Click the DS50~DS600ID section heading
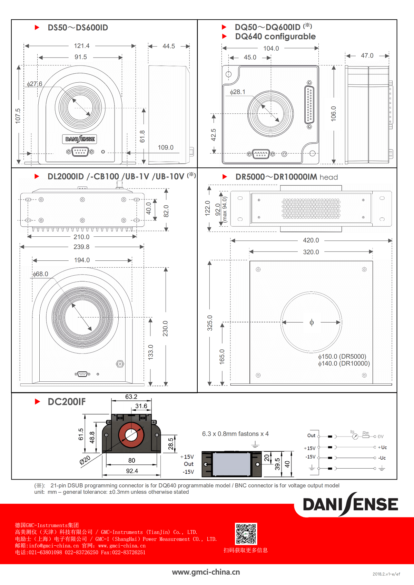(78, 28)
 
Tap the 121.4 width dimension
(82, 46)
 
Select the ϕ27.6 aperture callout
(34, 84)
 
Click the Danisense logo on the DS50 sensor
(80, 139)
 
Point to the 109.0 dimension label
(166, 147)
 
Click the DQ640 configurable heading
(275, 37)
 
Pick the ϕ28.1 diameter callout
(238, 92)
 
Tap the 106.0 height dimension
(333, 113)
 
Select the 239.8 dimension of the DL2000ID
(81, 247)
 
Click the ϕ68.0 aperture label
(40, 274)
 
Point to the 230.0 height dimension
(165, 328)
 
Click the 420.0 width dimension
(311, 240)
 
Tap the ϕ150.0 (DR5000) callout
(342, 357)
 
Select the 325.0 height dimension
(210, 323)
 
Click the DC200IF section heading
(67, 402)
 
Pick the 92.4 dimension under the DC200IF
(132, 471)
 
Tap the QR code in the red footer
(246, 534)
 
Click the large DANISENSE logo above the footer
(350, 504)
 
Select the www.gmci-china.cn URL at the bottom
(206, 572)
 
